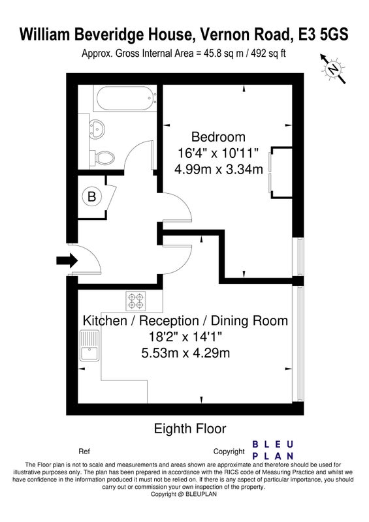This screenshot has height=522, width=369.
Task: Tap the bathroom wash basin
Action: [x=97, y=128]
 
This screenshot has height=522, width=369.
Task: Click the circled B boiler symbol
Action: [x=91, y=196]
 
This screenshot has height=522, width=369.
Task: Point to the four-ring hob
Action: [x=136, y=301]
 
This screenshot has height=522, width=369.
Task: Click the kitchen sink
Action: [x=89, y=345]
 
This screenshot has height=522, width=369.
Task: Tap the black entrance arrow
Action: [x=67, y=260]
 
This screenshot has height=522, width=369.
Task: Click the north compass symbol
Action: [x=333, y=69]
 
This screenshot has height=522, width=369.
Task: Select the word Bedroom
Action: [x=218, y=137]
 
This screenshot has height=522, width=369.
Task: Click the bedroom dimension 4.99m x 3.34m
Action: [x=219, y=169]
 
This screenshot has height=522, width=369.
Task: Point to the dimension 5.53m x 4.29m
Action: [x=185, y=352]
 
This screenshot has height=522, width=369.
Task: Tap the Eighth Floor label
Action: [x=190, y=429]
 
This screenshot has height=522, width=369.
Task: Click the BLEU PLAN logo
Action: [x=272, y=450]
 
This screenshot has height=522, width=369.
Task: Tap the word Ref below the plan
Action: [x=84, y=452]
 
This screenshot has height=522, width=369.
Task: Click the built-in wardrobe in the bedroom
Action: [x=281, y=172]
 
